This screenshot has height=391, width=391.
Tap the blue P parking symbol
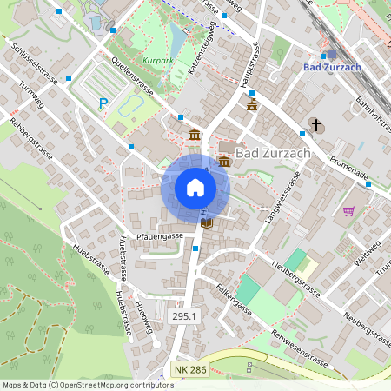pos(103,103)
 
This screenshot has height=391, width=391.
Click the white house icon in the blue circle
pos(195,188)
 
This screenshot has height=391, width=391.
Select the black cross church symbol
pos(315,125)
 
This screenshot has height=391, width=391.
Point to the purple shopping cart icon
pos(348,211)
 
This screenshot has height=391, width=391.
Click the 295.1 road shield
pos(184,318)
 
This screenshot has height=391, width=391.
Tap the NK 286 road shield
pos(190,370)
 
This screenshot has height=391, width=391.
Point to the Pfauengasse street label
pos(160,235)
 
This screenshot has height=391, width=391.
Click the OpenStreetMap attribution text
pos(88,385)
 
